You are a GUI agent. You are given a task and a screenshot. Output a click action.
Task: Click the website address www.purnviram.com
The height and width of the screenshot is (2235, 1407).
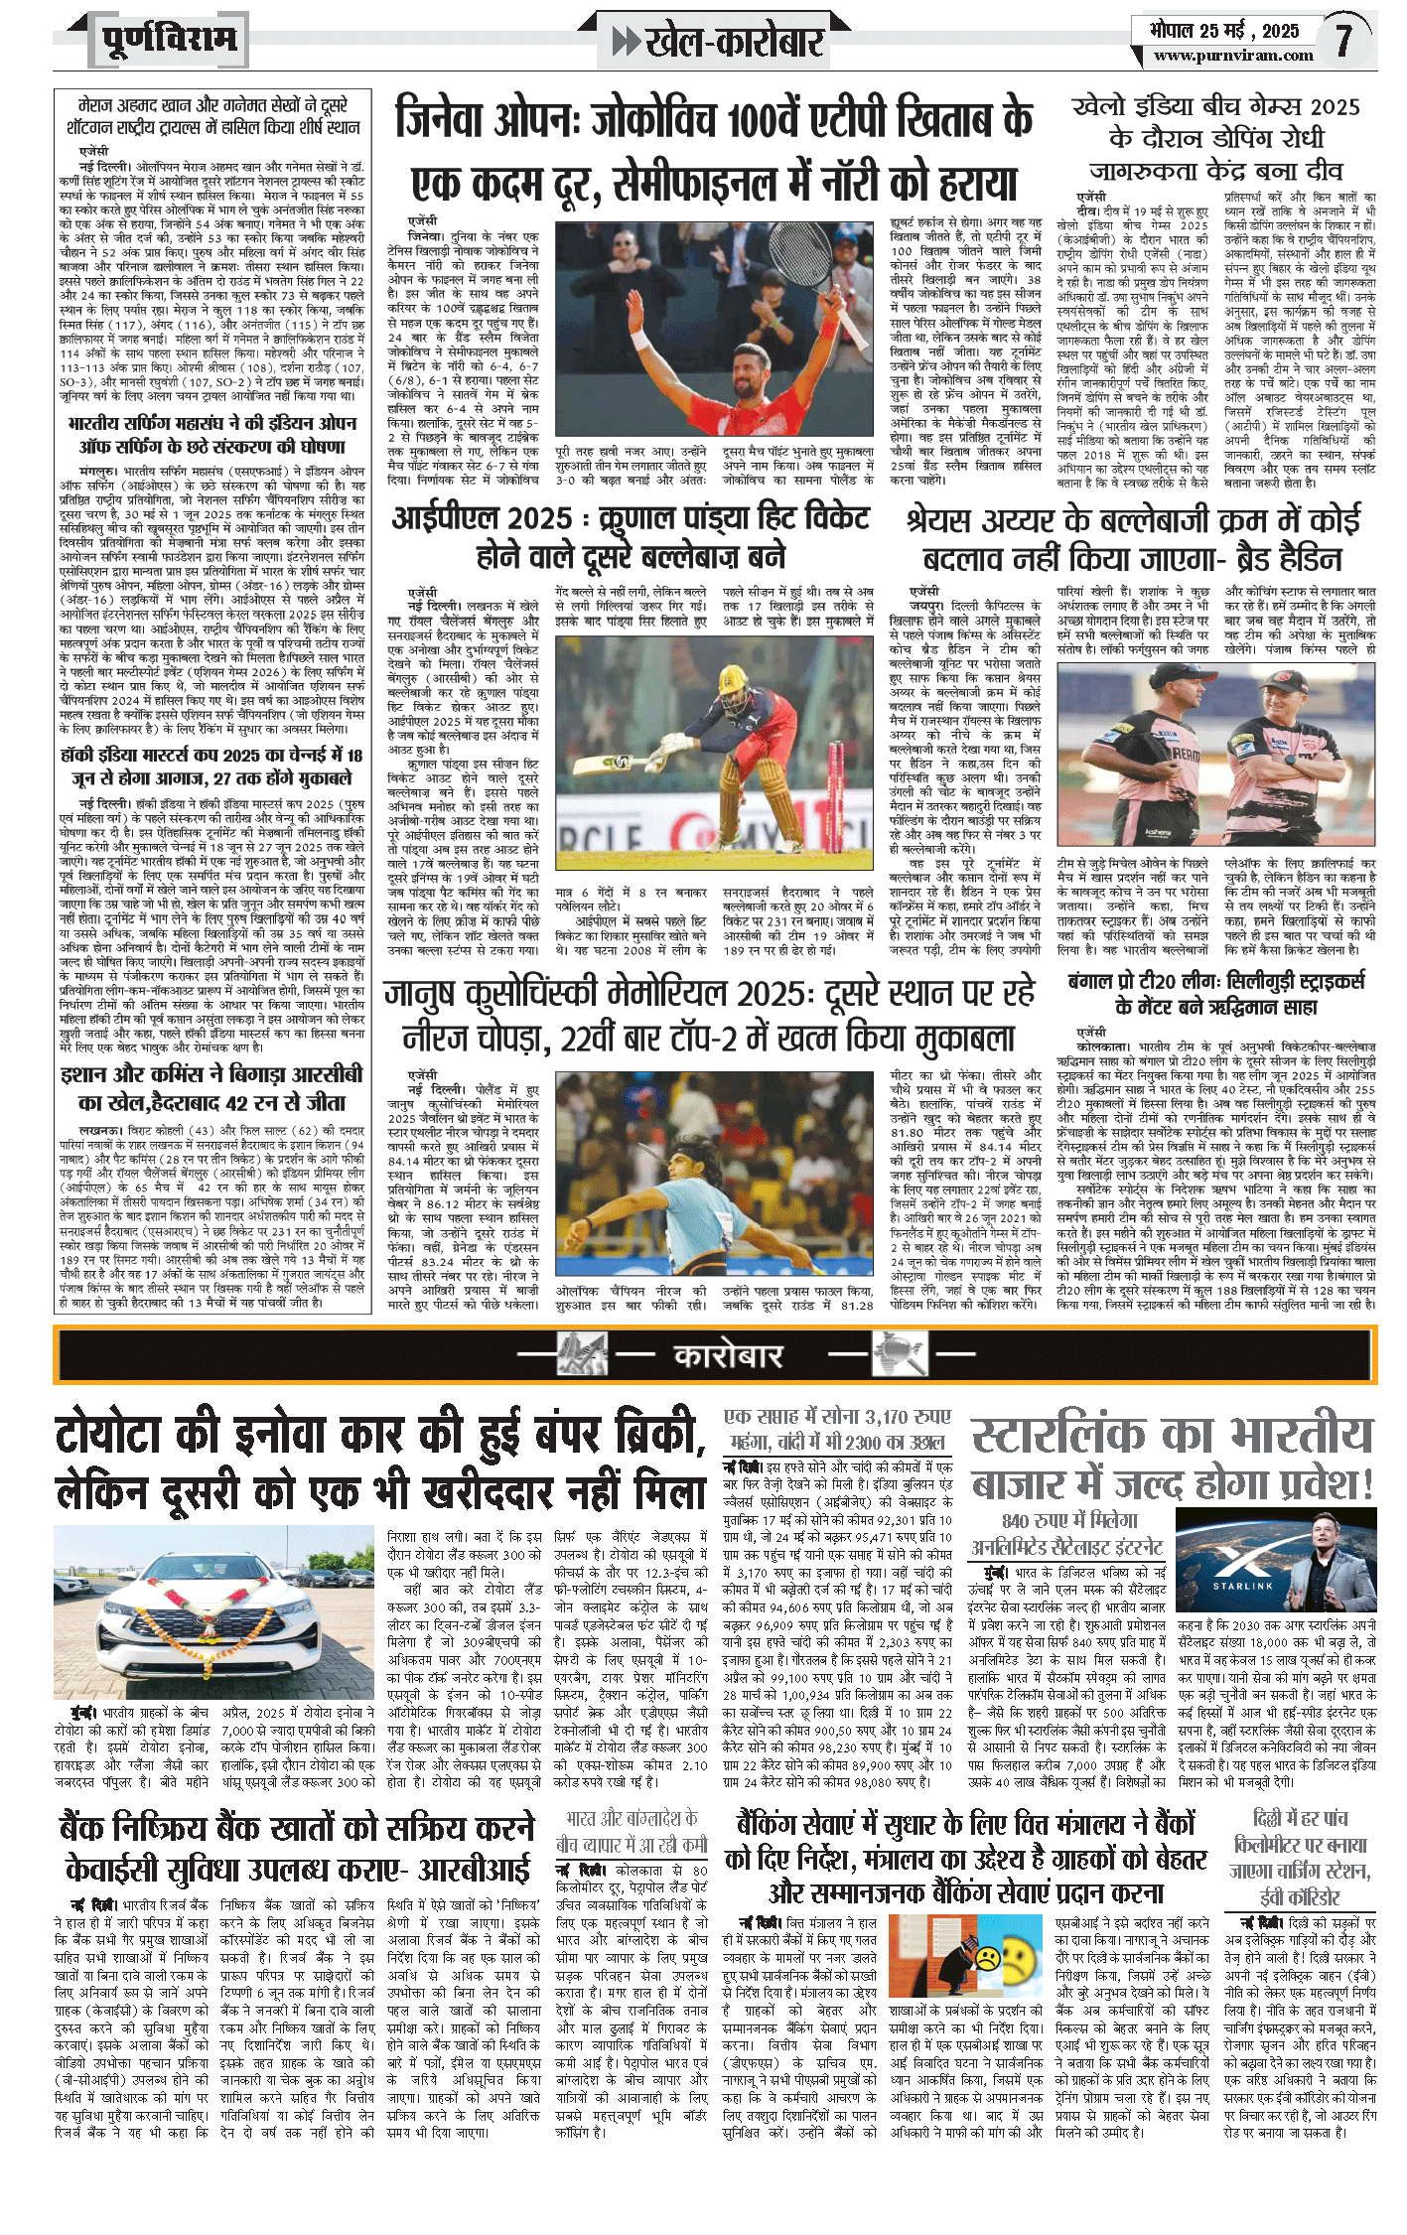pos(1233,56)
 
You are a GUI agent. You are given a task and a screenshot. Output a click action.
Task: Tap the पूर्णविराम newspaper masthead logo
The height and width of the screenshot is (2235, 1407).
pos(169,40)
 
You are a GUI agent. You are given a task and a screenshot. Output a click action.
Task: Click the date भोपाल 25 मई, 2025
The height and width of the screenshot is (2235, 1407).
pos(1224,30)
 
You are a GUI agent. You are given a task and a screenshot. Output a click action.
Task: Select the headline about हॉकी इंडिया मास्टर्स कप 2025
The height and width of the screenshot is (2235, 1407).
pos(211,766)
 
